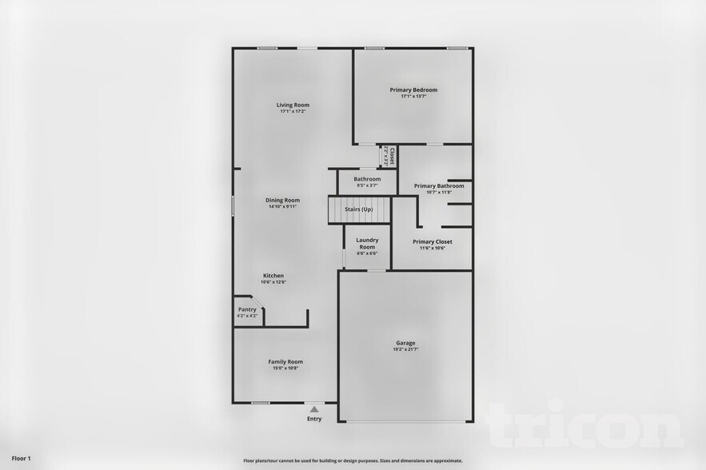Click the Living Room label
tap(293, 105)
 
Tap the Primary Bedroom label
tap(413, 90)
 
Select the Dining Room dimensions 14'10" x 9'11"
tap(283, 207)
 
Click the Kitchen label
tap(273, 276)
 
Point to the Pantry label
tap(247, 309)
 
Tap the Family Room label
tap(285, 361)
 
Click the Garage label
tap(405, 343)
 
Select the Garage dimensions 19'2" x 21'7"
tap(405, 350)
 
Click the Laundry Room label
tap(367, 243)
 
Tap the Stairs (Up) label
tap(358, 209)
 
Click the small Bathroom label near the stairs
tap(367, 179)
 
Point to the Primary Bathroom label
tap(439, 185)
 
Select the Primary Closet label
tap(433, 241)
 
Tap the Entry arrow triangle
tap(314, 409)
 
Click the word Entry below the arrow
tap(314, 419)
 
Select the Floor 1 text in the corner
tap(21, 458)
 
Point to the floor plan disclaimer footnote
tap(353, 460)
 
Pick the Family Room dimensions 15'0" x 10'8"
tap(285, 368)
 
